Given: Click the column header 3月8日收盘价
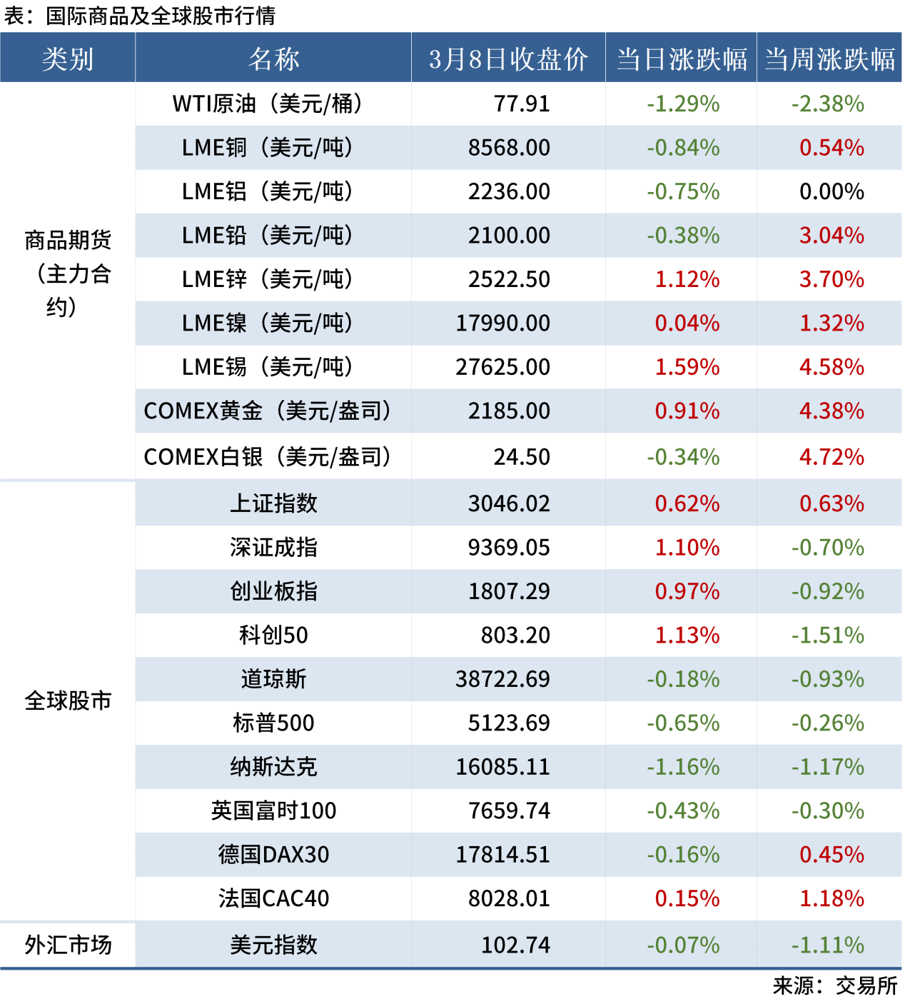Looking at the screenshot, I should click(508, 59).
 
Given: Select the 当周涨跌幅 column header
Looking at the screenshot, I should click(829, 59).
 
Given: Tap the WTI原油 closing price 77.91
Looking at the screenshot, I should click(522, 104).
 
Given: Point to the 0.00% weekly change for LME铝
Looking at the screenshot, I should click(831, 192).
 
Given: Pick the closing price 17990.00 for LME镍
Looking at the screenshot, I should click(503, 323).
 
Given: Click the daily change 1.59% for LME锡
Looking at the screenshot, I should click(687, 367).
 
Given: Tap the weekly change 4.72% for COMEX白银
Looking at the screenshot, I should click(831, 457).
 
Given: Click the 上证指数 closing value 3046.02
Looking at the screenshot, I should click(509, 504).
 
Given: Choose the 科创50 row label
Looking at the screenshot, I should click(273, 636).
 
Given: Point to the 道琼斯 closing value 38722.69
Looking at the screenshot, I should click(503, 679).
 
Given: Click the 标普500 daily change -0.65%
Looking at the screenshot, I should click(683, 723).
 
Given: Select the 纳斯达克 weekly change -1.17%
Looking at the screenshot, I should click(828, 767).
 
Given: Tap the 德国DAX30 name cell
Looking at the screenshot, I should click(273, 855).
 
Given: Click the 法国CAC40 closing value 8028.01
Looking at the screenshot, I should click(509, 898).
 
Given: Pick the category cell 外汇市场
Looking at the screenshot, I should click(68, 945).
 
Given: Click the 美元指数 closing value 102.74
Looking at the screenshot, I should click(515, 945).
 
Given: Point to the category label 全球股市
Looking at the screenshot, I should click(68, 701).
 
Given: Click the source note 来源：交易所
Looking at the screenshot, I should click(835, 986).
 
